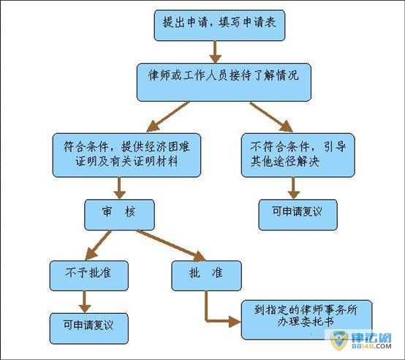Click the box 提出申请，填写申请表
(219, 26)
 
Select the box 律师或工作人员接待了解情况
(224, 82)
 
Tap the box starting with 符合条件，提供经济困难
(126, 155)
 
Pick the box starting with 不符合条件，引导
(298, 155)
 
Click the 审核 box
(119, 214)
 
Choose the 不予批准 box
(89, 276)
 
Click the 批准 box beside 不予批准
(207, 276)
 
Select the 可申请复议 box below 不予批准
(89, 329)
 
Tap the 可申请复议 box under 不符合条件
(298, 214)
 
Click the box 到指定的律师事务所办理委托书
(306, 320)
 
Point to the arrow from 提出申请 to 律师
(215, 52)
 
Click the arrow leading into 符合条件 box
(168, 117)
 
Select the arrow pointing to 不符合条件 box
(271, 117)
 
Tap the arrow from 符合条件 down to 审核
(119, 188)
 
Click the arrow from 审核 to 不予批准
(98, 245)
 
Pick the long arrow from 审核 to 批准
(171, 245)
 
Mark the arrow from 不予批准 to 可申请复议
(85, 302)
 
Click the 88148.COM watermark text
(371, 346)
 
